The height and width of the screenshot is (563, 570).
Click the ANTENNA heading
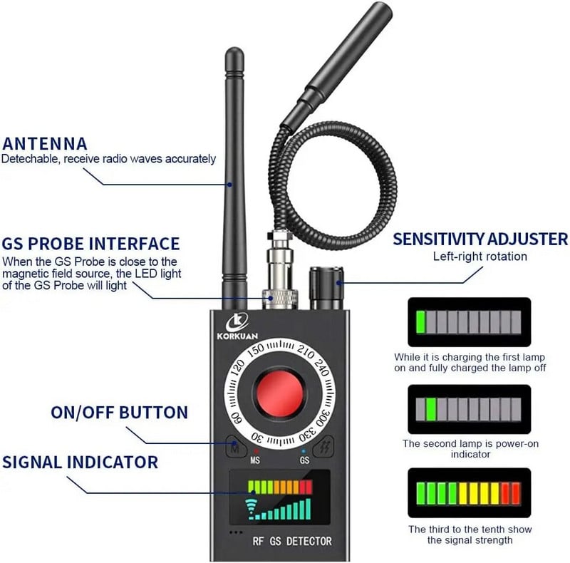(44, 143)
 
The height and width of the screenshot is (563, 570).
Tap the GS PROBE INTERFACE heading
(90, 244)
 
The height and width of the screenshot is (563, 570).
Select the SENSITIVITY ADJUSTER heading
(480, 239)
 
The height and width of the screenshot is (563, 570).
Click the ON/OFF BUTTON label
(119, 412)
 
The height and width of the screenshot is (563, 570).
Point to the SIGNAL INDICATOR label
(80, 462)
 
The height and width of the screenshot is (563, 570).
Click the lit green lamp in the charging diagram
(420, 321)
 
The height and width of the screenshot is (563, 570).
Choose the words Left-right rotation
(480, 257)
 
